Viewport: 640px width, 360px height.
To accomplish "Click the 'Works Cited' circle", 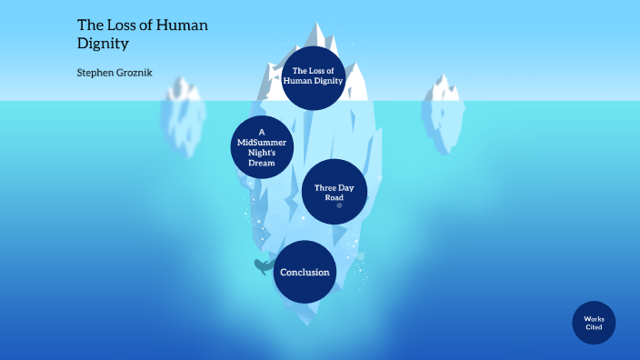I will pos(594,323).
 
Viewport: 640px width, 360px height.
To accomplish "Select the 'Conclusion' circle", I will pos(305,272).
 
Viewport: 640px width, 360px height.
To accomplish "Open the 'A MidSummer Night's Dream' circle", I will pos(262,147).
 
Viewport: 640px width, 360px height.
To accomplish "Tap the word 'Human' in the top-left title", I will pos(180,25).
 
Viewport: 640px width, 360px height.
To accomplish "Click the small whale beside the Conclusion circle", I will pos(263,266).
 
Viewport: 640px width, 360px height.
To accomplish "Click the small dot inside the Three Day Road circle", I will pos(339,205).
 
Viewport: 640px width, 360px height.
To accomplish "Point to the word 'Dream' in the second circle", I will pos(262,164).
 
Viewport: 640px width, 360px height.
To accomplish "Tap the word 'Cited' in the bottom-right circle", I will pos(594,327).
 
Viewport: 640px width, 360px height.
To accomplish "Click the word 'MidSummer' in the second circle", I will pos(262,142).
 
